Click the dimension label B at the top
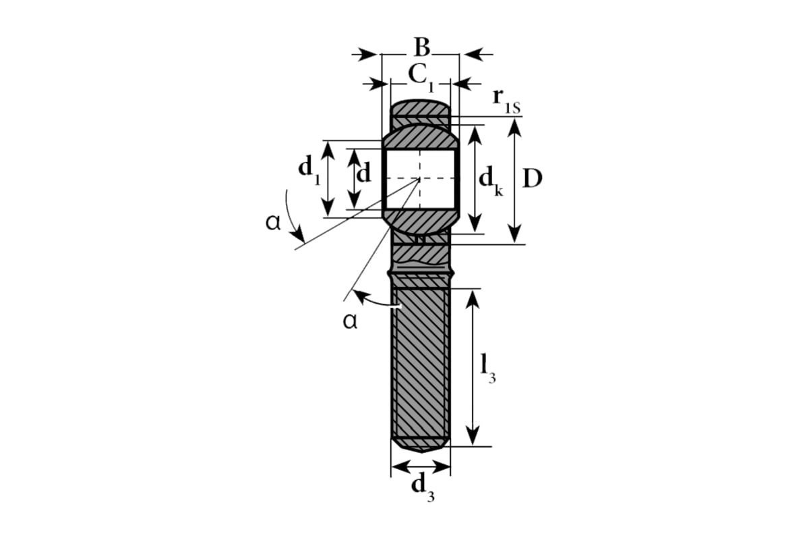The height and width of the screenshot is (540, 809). tap(422, 47)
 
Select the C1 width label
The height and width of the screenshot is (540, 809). tap(421, 78)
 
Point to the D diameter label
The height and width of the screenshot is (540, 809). tap(533, 178)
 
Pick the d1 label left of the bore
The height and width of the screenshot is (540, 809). tap(309, 170)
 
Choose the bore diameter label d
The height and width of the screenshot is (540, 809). tap(363, 173)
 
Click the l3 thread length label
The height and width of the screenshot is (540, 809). tap(487, 368)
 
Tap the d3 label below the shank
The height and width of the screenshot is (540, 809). tap(423, 488)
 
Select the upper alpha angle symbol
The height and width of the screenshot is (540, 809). tap(273, 223)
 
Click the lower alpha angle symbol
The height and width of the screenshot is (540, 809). tap(350, 321)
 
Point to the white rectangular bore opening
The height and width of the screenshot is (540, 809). tap(421, 180)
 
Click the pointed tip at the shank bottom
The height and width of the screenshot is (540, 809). tap(422, 452)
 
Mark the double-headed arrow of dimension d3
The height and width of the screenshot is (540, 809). tap(421, 467)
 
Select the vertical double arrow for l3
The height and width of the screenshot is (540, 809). tap(473, 368)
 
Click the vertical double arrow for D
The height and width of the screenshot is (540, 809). tap(514, 181)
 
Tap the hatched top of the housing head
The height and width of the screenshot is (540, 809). tap(421, 108)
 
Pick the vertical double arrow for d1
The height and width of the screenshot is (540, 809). tap(328, 179)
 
